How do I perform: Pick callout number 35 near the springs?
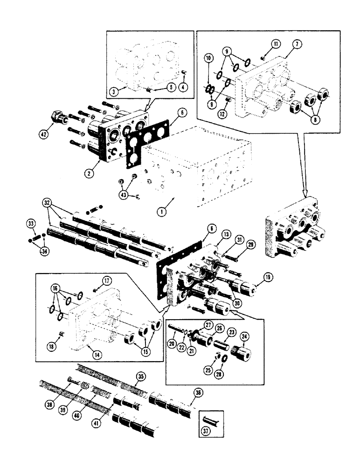140,376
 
